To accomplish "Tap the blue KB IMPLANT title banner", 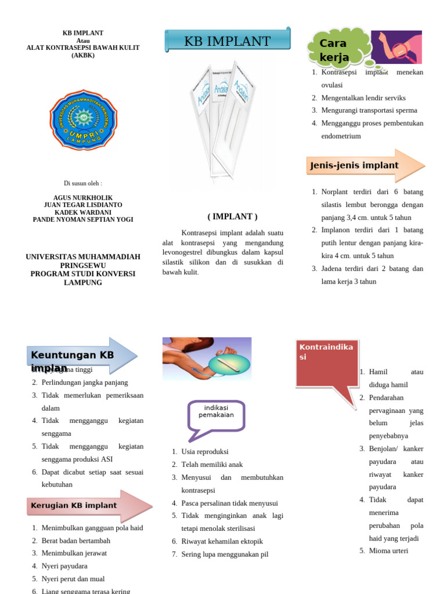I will pos(228,41).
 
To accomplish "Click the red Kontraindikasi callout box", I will pos(326,363).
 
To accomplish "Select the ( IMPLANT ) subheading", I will pos(232,216).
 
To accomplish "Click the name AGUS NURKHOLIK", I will pos(83,198).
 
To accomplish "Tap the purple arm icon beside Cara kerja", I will pos(397,47).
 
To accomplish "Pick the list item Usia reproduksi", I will pos(205,452).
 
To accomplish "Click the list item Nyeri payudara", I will pos(64,566).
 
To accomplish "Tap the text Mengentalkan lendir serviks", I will pos(364,98).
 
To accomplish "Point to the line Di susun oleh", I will pos(83,183).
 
